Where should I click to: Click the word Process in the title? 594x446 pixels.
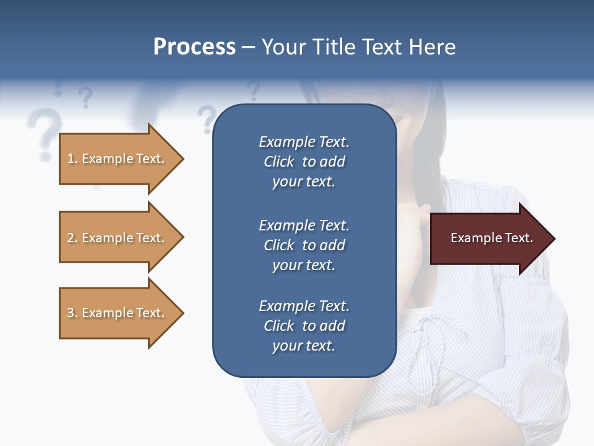[194, 47]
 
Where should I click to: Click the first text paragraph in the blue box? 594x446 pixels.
[304, 162]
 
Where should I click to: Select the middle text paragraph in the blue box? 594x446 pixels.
[304, 245]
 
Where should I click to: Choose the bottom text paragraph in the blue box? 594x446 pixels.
[304, 326]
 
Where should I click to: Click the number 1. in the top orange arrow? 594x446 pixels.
[72, 159]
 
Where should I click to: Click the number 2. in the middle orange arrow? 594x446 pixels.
[72, 238]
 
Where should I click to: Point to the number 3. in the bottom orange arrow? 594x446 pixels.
[72, 313]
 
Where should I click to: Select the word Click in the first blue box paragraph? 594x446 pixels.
[279, 162]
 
